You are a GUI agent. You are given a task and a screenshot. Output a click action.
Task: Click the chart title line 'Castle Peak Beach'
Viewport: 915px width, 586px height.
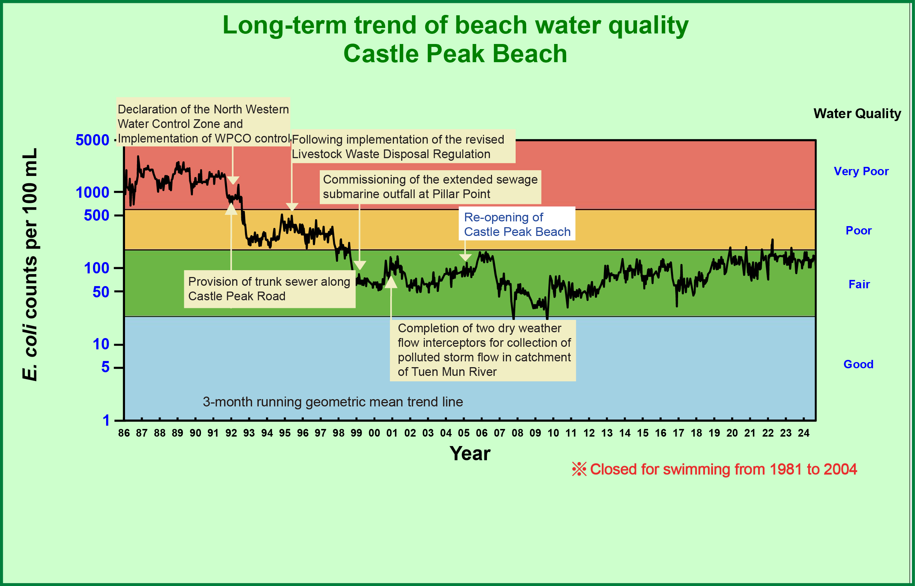455,53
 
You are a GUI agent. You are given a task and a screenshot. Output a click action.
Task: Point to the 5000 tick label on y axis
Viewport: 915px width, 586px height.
92,140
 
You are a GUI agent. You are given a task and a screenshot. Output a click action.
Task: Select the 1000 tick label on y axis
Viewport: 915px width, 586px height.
92,193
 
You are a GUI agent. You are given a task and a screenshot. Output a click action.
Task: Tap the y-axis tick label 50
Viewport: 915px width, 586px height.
101,292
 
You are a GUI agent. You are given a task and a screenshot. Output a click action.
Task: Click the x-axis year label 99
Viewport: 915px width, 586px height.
356,433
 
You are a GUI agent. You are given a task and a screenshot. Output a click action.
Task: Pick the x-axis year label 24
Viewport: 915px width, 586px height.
803,433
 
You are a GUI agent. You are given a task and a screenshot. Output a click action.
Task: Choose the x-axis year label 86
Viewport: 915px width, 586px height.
124,433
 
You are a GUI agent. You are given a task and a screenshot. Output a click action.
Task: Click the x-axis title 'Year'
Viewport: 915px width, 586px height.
470,454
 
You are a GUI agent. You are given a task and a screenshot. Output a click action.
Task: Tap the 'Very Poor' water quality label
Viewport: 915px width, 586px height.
861,171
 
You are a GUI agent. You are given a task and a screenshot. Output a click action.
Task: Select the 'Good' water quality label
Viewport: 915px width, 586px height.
858,364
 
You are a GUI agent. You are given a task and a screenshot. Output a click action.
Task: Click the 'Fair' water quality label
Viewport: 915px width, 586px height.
859,284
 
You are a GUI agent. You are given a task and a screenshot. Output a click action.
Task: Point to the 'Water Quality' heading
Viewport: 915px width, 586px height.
857,113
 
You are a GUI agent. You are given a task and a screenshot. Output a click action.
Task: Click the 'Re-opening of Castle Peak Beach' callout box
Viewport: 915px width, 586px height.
517,224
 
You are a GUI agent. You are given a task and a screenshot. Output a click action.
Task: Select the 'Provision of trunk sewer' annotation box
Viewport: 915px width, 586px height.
269,289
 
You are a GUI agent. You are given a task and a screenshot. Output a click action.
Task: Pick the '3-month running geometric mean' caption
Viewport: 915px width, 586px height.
333,402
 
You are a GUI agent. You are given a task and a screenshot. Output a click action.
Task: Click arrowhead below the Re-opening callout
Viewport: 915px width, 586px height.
465,258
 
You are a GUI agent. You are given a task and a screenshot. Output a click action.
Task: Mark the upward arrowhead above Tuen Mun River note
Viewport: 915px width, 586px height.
391,282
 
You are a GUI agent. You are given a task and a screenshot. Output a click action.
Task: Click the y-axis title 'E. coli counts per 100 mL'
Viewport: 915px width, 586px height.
30,264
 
